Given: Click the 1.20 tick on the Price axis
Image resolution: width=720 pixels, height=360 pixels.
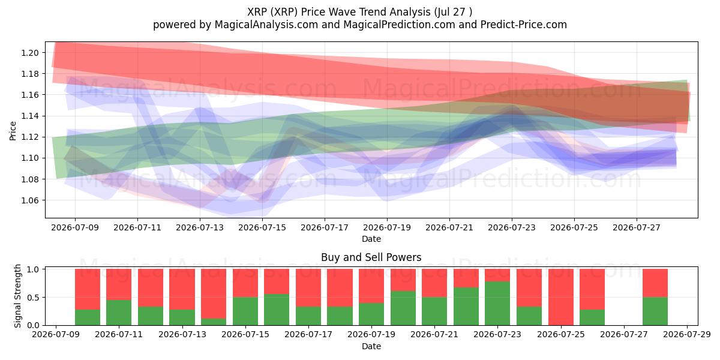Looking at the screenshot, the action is point(30,53).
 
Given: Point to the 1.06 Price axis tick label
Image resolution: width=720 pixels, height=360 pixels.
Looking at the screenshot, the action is point(30,200).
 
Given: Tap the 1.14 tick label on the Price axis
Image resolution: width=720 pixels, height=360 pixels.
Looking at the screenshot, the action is point(30,116).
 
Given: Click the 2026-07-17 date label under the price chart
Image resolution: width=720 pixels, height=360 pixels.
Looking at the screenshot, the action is point(325,227).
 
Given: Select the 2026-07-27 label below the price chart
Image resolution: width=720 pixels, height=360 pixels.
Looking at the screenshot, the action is point(637,227).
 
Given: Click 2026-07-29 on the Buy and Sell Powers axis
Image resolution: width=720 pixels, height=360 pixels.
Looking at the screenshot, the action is point(687,334).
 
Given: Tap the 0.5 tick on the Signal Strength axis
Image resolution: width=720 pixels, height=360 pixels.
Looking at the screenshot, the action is point(34,298).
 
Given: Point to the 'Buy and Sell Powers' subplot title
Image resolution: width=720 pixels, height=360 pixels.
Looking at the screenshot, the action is point(371,257).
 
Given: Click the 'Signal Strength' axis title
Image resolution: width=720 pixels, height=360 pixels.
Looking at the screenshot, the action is point(17,296).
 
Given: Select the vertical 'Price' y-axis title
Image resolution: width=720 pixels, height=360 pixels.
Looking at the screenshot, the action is point(13,131).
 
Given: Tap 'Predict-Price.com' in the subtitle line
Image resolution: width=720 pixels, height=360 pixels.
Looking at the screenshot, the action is point(524,25).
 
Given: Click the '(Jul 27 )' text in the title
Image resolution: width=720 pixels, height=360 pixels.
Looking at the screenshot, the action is point(453,12).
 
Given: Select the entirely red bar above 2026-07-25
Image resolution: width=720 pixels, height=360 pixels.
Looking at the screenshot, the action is point(561,297).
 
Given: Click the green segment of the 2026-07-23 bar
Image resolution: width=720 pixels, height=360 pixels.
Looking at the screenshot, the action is point(497,304).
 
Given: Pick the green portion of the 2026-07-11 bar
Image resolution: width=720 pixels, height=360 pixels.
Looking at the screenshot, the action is point(119,313).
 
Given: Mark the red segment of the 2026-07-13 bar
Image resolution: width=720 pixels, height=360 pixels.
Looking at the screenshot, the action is point(182,289).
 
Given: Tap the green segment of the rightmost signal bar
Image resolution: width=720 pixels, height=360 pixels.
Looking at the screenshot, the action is point(655,311).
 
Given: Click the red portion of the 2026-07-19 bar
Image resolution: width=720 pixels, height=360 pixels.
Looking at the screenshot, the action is point(371,286).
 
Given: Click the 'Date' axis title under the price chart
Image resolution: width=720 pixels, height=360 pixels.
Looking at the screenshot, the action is point(371,239).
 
